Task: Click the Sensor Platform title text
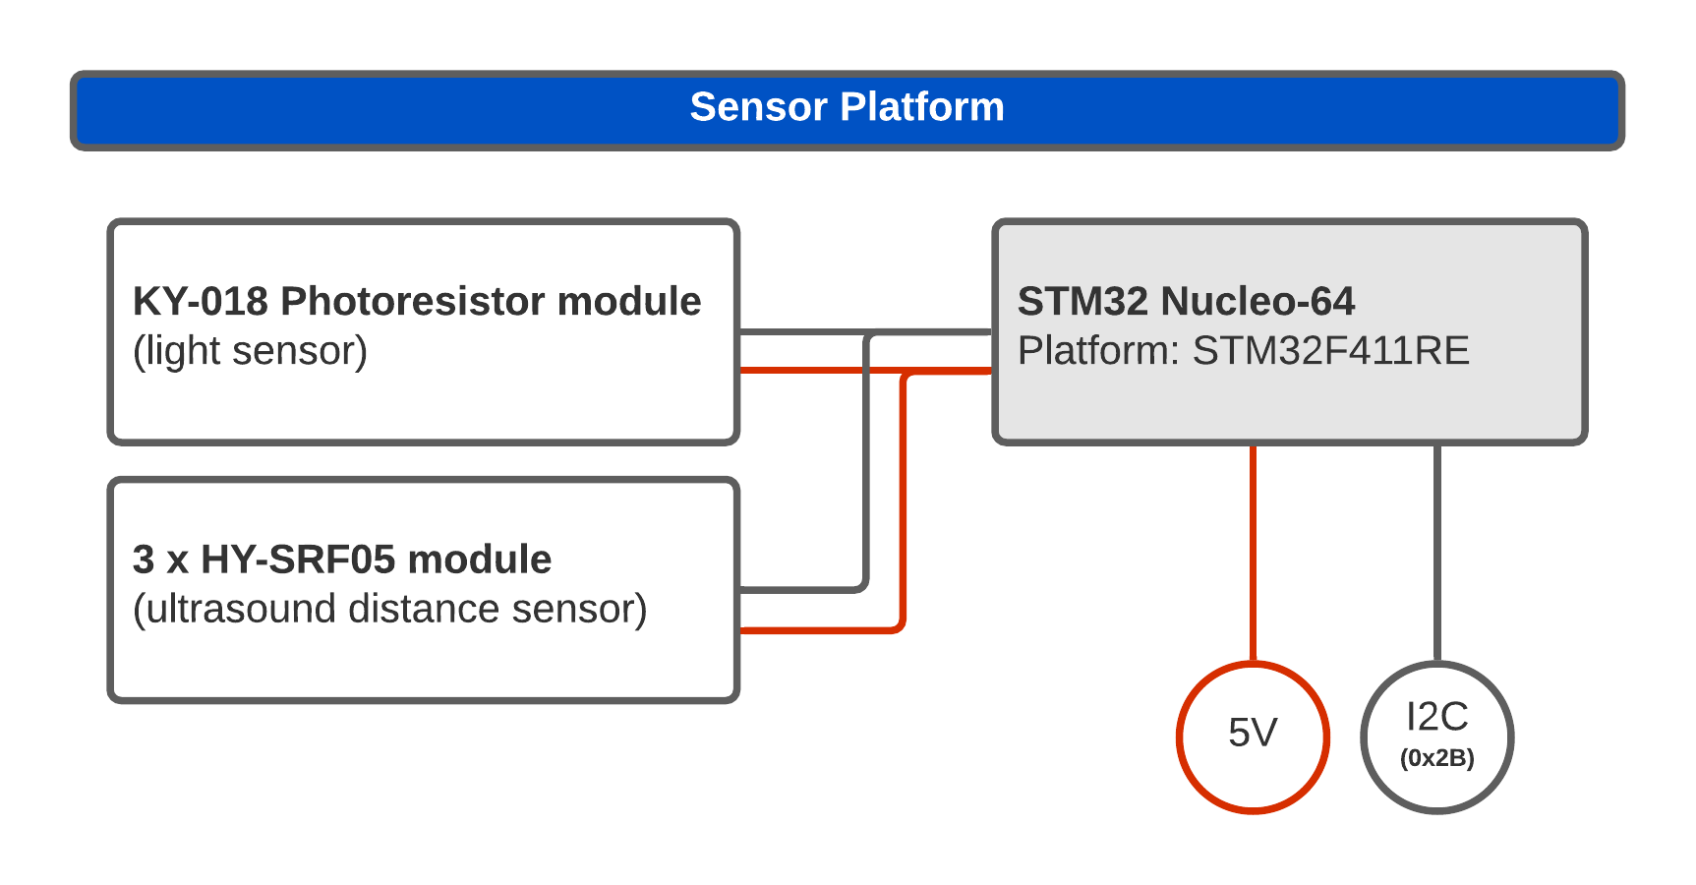[x=847, y=107]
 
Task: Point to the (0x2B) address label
[x=1437, y=758]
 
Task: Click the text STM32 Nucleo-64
[x=1186, y=301]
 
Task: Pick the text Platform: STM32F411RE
[x=1244, y=351]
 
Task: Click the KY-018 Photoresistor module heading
[x=417, y=301]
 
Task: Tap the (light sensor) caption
[x=250, y=351]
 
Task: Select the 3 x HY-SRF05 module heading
[x=342, y=560]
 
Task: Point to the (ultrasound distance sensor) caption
[x=390, y=610]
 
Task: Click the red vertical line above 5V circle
[x=1253, y=554]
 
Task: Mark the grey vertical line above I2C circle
[x=1436, y=554]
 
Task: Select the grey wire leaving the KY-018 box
[x=865, y=332]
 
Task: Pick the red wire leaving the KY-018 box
[x=865, y=370]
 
